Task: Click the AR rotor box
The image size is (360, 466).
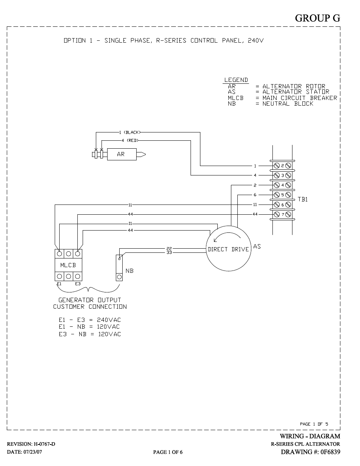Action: point(122,154)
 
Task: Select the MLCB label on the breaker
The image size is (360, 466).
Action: point(68,265)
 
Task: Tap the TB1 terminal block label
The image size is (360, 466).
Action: point(303,200)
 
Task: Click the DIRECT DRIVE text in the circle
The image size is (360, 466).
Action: point(228,249)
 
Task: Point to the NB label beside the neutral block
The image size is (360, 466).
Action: point(129,271)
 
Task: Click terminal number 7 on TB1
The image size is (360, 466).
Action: point(283,214)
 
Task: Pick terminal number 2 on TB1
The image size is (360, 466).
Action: point(283,166)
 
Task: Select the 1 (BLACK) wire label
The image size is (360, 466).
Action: point(130,132)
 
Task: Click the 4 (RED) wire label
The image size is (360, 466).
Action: point(130,140)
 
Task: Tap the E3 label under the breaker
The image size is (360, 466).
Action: point(78,284)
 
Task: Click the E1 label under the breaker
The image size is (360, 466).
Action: point(59,284)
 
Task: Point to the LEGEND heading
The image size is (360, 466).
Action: point(236,80)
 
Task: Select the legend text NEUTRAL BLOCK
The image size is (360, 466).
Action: point(288,104)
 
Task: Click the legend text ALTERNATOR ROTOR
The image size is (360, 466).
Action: point(294,86)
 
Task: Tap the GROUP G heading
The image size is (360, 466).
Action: point(317,18)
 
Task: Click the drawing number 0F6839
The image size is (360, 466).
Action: point(330,452)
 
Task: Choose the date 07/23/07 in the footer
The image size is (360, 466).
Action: point(33,452)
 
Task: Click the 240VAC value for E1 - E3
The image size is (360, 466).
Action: point(109,320)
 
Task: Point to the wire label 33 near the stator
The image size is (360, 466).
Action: point(169,253)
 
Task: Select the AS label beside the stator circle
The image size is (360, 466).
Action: point(257,247)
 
